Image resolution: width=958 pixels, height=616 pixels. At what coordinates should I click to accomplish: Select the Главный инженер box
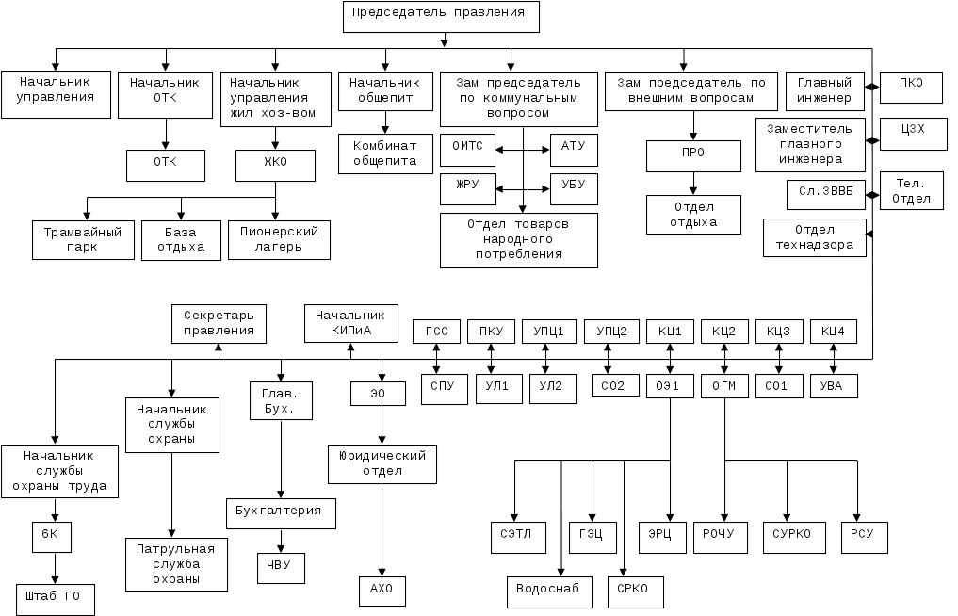click(x=824, y=89)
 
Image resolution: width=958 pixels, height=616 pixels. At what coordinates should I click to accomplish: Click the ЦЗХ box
click(x=910, y=135)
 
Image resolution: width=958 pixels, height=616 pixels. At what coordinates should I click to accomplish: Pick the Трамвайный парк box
click(x=82, y=239)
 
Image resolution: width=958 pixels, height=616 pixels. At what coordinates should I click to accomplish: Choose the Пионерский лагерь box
click(x=279, y=239)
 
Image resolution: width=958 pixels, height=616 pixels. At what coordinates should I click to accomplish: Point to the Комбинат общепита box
click(x=384, y=154)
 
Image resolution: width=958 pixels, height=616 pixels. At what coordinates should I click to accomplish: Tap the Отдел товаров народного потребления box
click(x=518, y=240)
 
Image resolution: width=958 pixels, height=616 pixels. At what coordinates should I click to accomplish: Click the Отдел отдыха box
click(x=694, y=215)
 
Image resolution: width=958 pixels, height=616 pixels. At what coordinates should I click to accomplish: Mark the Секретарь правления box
click(x=219, y=323)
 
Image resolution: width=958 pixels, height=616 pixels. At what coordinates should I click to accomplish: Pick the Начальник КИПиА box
click(x=350, y=323)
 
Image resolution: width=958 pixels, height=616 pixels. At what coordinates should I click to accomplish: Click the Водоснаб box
click(x=548, y=591)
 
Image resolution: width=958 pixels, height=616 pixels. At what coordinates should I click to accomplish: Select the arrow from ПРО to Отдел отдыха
click(x=694, y=183)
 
